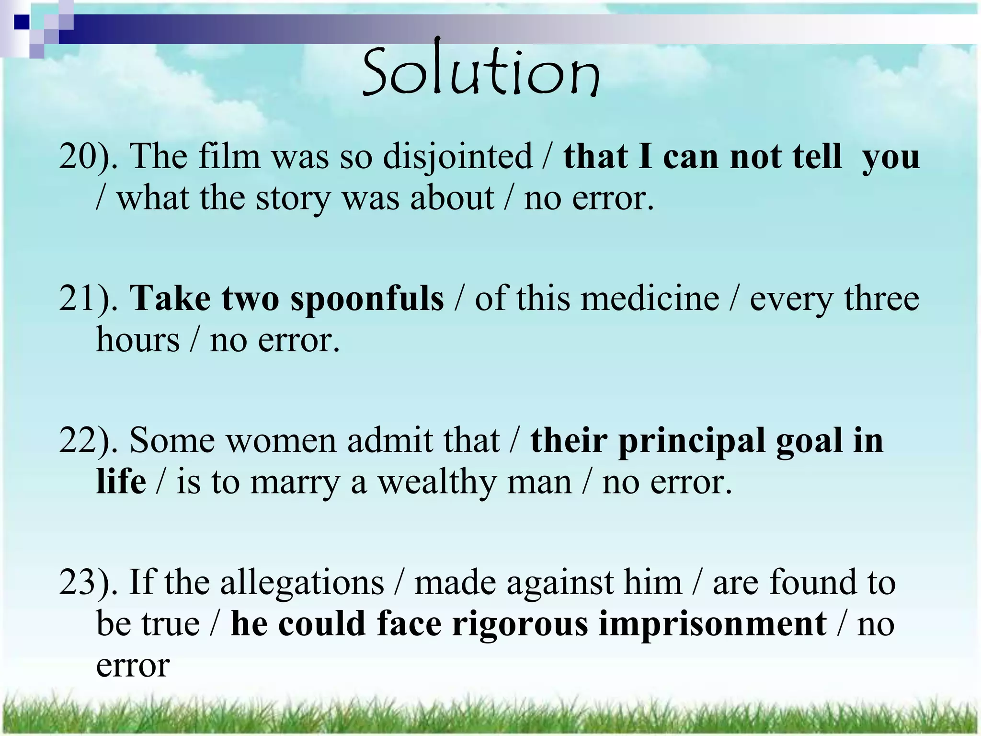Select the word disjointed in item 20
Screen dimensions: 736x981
point(457,157)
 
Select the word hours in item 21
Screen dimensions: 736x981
point(138,340)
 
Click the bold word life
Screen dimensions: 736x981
point(121,482)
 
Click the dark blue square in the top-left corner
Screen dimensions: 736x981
point(22,22)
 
